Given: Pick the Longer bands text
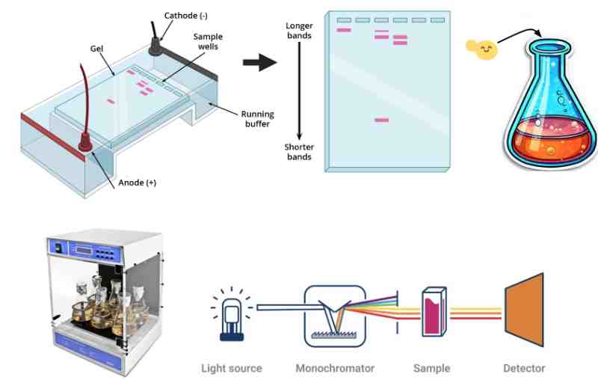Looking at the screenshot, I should tap(299, 31).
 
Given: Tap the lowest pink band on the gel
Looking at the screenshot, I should tap(381, 120).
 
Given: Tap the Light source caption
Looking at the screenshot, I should tap(232, 368).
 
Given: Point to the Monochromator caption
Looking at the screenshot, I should tap(335, 368).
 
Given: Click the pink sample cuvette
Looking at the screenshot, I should tap(432, 313).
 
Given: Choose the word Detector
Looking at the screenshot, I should tap(524, 368).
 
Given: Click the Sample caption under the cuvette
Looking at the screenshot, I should tap(432, 368).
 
